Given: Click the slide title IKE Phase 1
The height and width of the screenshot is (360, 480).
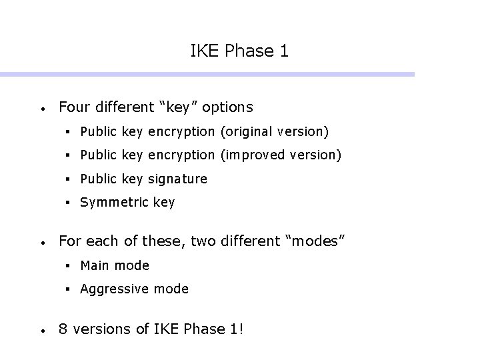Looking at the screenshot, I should [239, 51].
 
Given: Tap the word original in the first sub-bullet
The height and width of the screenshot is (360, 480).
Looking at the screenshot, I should [252, 131].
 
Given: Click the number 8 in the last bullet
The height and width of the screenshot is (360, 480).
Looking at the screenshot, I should [63, 329].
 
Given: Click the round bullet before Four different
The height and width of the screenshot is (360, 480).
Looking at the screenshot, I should [42, 108].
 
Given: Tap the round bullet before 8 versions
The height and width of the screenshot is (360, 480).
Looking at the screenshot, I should [42, 330].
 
